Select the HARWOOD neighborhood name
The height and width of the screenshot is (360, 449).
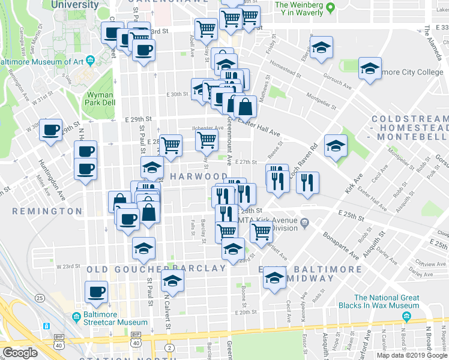(198, 176)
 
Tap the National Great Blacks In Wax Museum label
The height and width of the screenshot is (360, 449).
(386, 302)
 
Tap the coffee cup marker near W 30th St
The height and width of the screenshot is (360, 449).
(51, 130)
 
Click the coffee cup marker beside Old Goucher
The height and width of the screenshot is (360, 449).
(96, 292)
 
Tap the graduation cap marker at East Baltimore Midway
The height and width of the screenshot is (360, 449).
(275, 277)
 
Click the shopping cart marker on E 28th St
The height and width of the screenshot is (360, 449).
(171, 145)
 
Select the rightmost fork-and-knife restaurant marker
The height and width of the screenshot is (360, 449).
(307, 182)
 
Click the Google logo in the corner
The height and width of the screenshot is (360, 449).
(20, 353)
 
